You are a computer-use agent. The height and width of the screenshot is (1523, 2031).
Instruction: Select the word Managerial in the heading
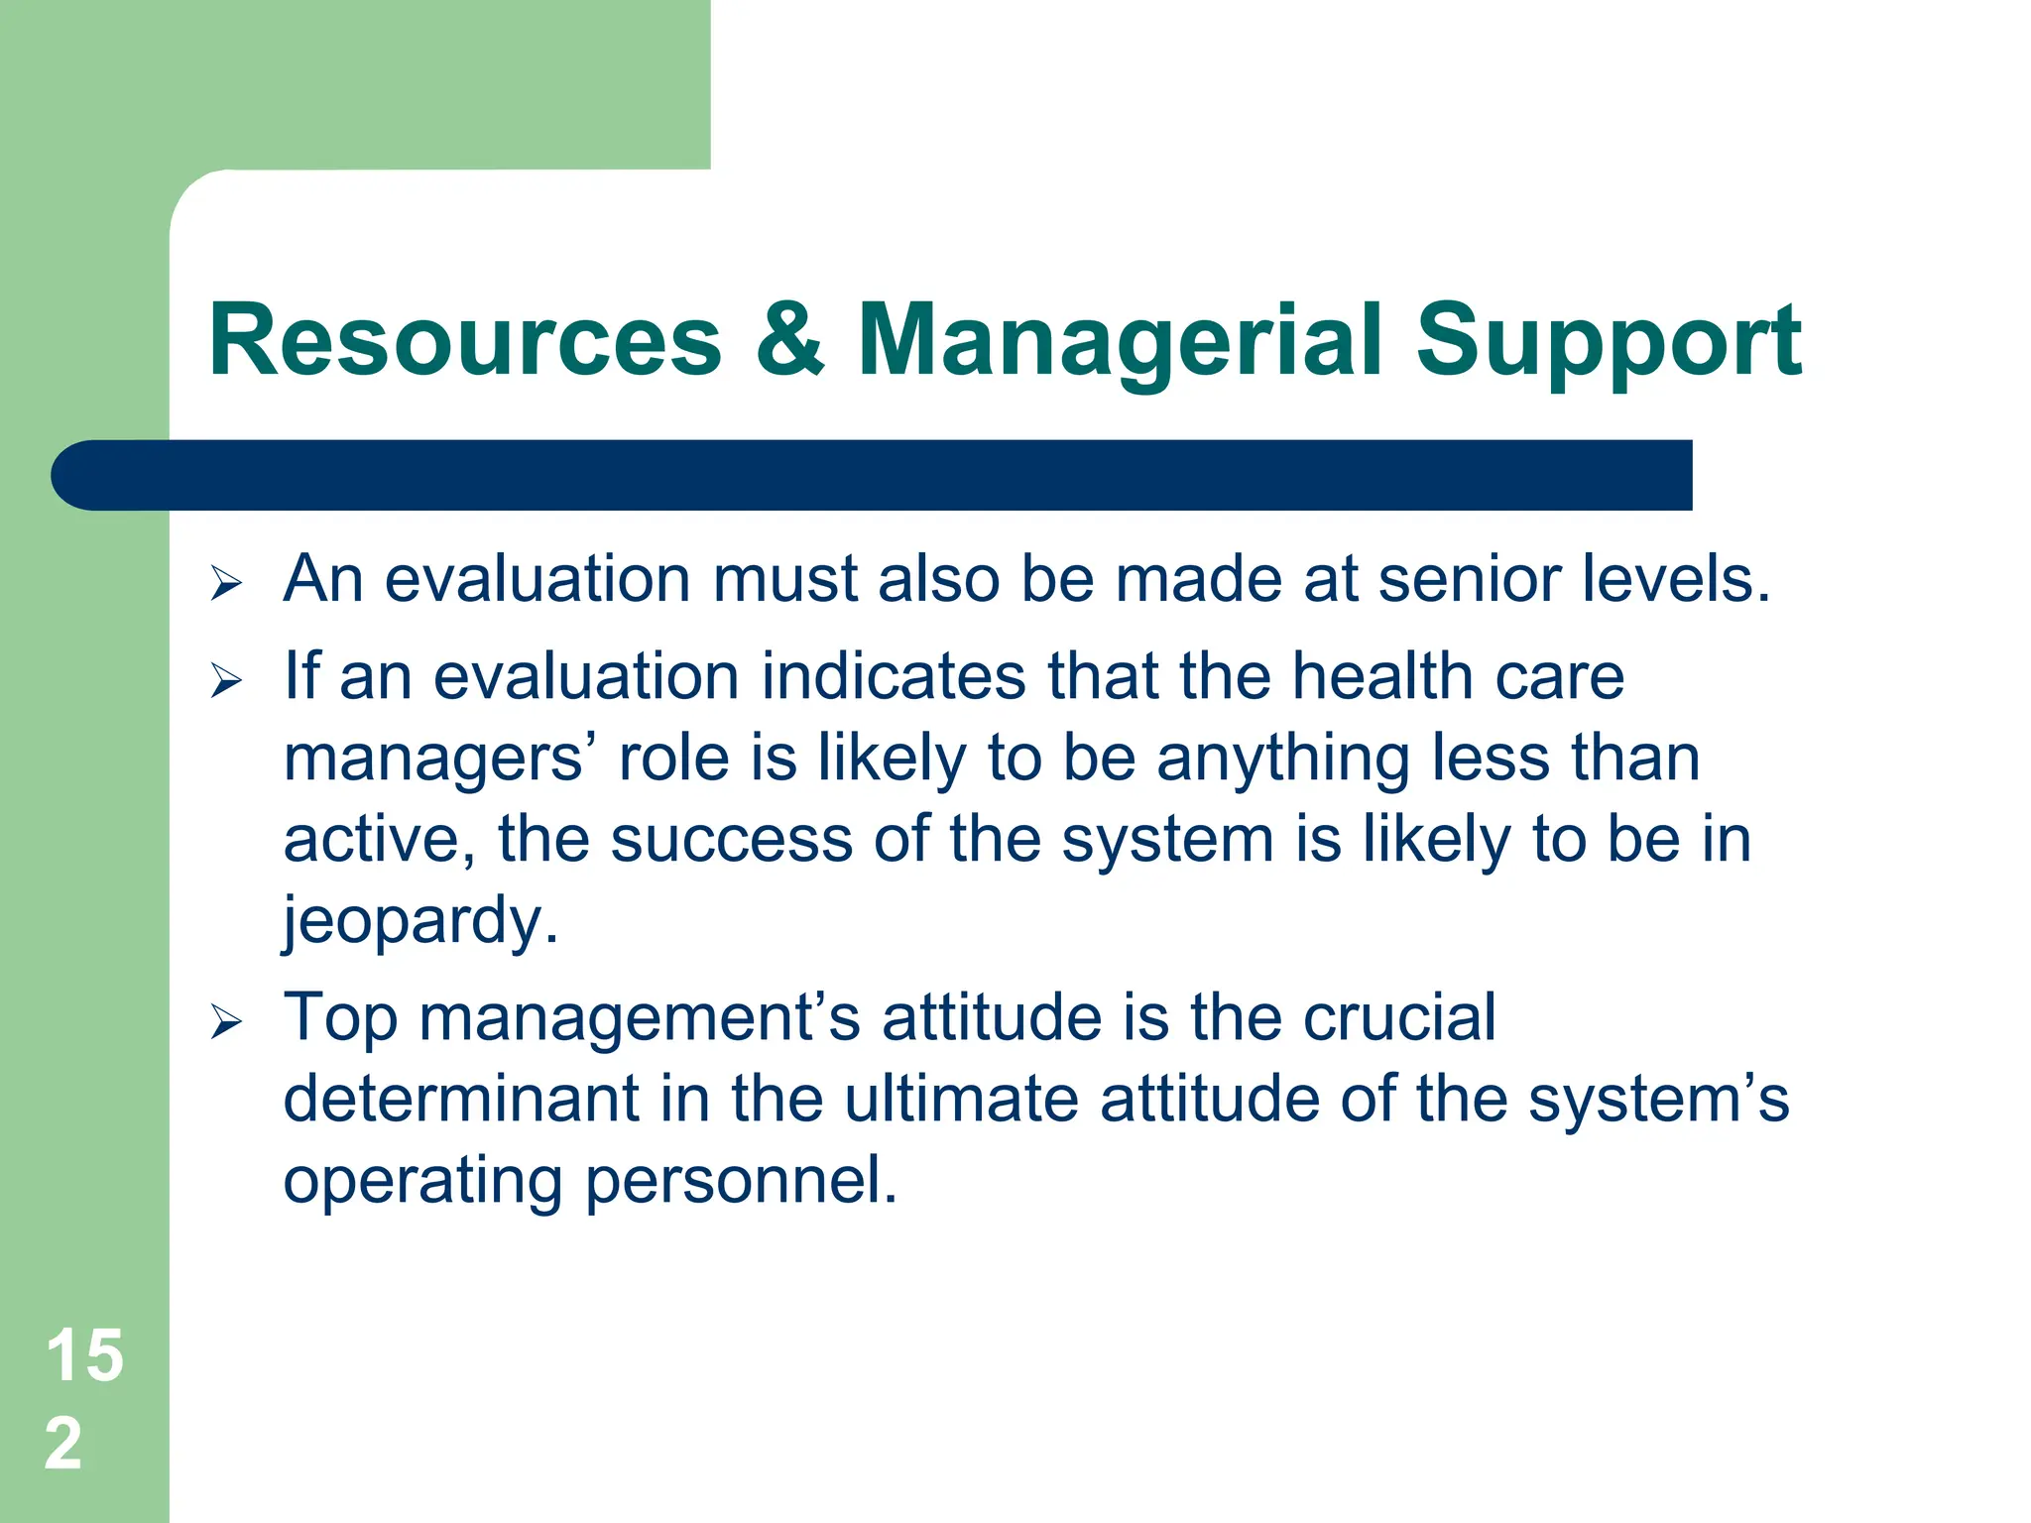1120,342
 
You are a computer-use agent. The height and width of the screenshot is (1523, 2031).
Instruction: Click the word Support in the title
1608,342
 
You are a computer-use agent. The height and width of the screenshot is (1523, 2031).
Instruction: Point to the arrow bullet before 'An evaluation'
226,584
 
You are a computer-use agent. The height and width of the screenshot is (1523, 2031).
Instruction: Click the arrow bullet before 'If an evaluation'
226,681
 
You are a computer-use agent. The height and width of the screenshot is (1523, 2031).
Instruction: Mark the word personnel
741,1181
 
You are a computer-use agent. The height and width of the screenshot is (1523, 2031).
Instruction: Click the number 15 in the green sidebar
85,1355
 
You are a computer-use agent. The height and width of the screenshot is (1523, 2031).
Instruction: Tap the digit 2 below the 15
63,1444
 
